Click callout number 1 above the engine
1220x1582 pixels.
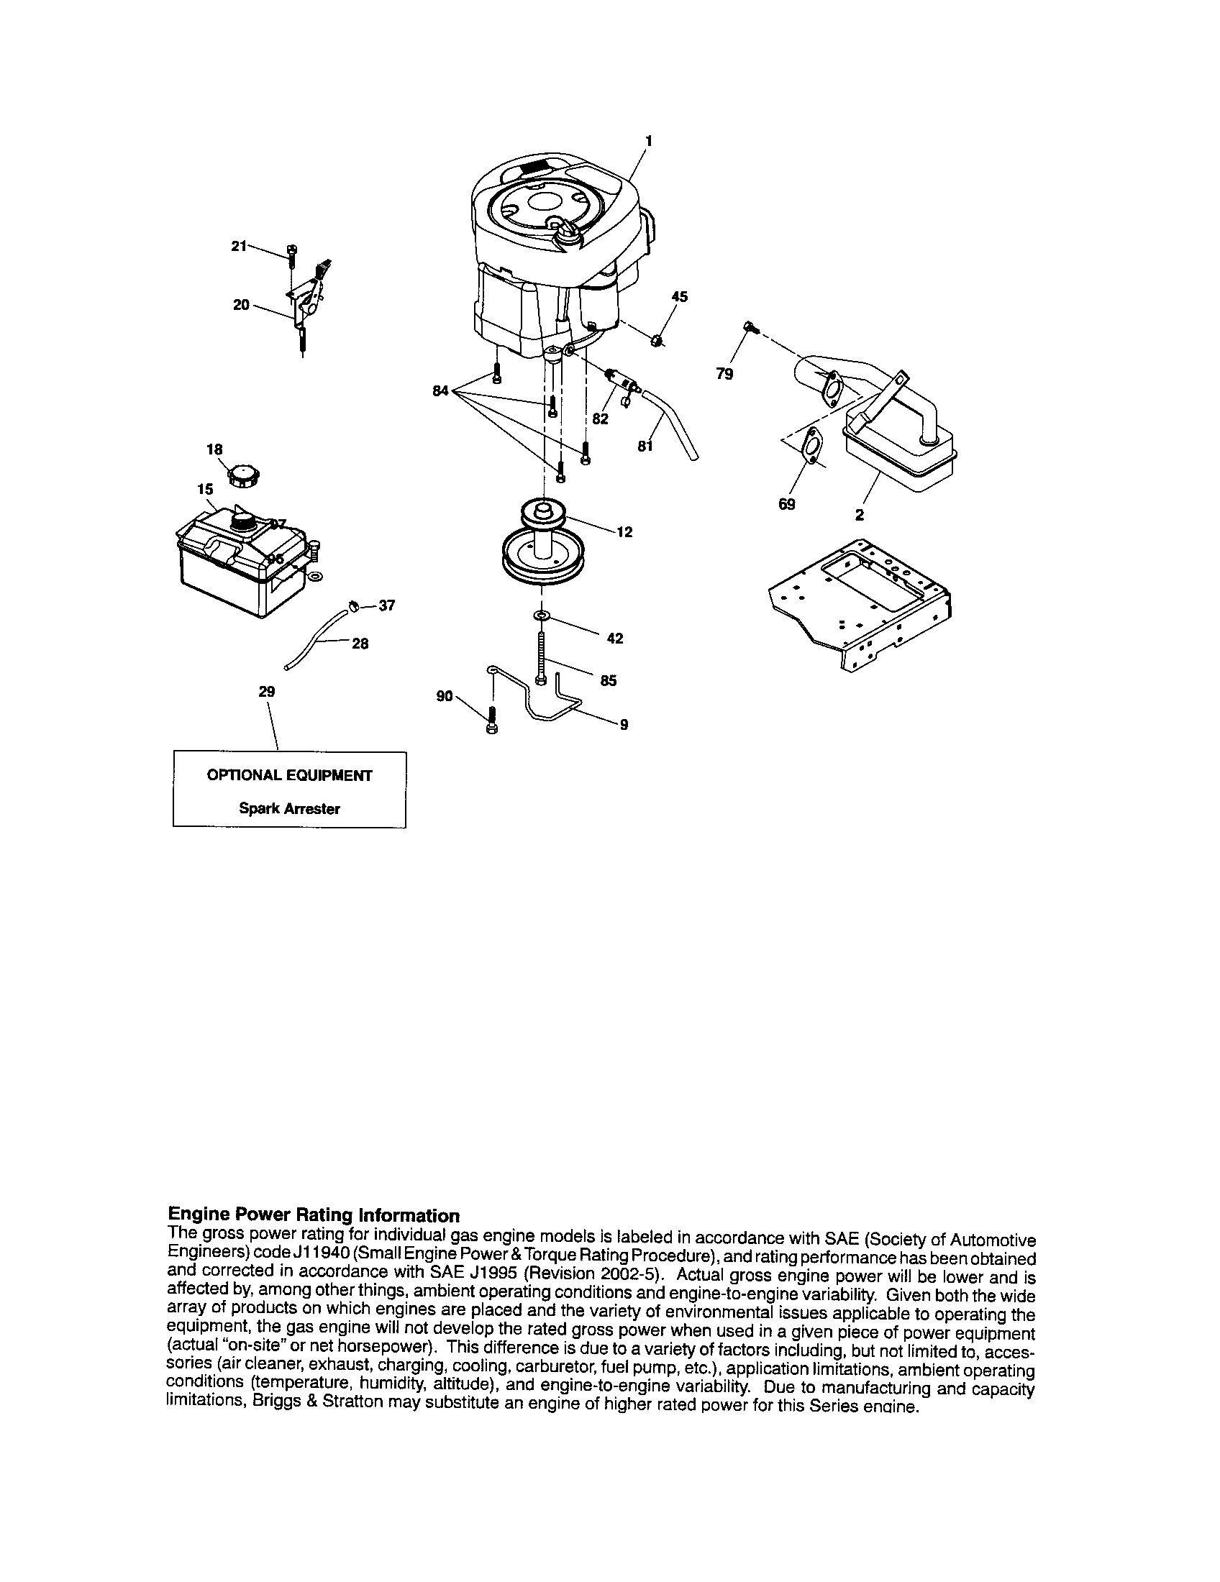coord(648,140)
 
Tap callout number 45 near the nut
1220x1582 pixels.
coord(679,296)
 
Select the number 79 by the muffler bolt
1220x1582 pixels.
coord(724,374)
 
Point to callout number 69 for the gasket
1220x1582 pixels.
coord(786,504)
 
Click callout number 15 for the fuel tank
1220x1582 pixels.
coord(205,489)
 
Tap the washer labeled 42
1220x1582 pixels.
coord(540,615)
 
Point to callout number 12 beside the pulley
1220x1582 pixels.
coord(624,531)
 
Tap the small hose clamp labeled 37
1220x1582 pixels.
coord(354,605)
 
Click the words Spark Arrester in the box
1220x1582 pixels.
coord(289,809)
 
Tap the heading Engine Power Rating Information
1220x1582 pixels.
coord(313,1215)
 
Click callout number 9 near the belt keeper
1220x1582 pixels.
coord(624,723)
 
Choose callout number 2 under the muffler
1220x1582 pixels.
coord(859,515)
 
